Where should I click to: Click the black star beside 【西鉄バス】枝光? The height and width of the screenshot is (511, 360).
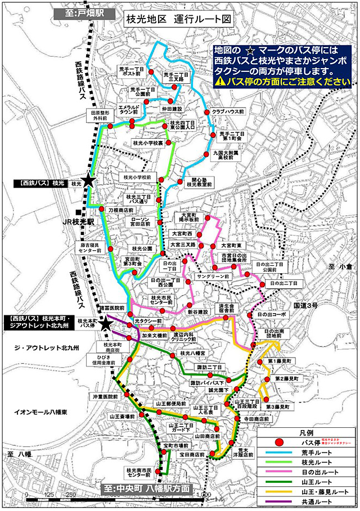pyautogui.click(x=87, y=180)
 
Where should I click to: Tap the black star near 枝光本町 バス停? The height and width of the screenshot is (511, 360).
pyautogui.click(x=105, y=323)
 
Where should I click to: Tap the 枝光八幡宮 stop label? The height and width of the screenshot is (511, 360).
pyautogui.click(x=191, y=352)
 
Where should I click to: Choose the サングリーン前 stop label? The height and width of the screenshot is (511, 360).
pyautogui.click(x=213, y=277)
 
